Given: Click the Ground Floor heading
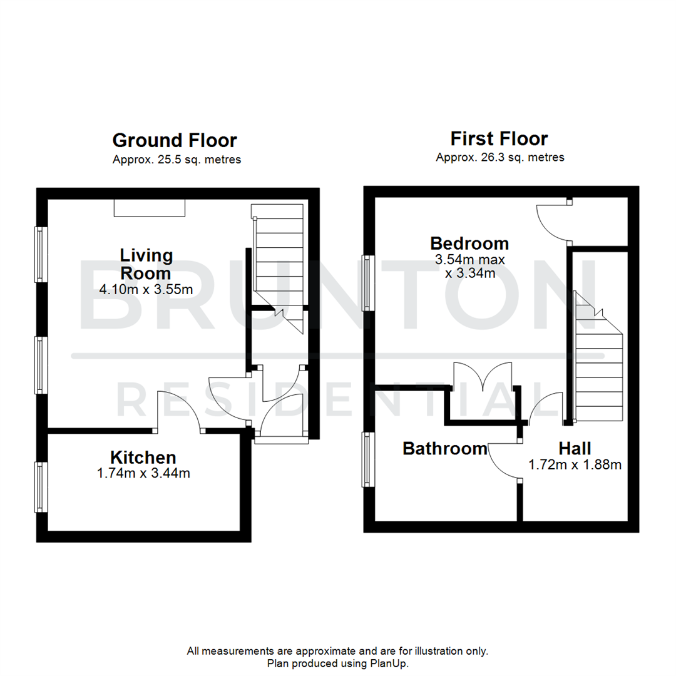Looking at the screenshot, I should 175,140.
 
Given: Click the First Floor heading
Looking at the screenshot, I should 499,138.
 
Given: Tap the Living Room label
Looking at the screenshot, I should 145,264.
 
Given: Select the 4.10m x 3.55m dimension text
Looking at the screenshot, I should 145,290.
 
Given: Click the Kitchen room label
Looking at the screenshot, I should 143,457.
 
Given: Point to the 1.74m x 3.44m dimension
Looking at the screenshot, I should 143,473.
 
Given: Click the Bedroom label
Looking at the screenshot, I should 469,243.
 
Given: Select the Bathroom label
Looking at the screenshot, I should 444,448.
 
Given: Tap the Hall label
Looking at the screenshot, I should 575,448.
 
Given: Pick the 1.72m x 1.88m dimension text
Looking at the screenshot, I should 575,464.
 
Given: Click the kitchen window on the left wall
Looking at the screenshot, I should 41,488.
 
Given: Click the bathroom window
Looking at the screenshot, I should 367,459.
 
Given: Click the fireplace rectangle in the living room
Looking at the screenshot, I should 149,208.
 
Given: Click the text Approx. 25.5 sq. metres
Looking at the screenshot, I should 177,160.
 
